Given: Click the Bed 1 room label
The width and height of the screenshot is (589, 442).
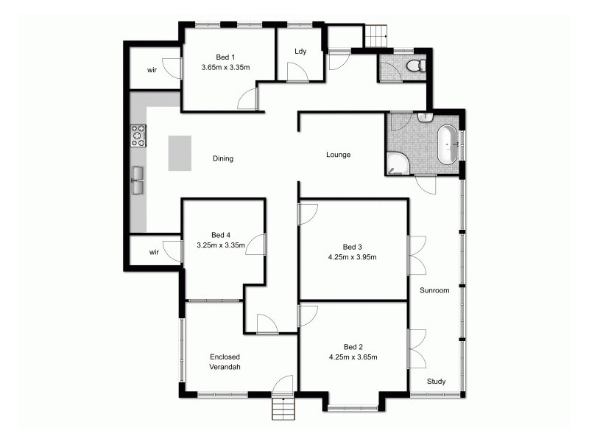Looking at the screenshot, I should [x=225, y=57].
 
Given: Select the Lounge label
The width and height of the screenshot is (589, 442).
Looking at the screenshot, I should [x=339, y=155].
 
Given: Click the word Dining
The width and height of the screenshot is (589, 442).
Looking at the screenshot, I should [x=223, y=158].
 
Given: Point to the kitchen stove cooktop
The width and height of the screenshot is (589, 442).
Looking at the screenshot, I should [x=138, y=136].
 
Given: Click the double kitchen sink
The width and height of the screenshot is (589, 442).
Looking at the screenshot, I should [x=138, y=179].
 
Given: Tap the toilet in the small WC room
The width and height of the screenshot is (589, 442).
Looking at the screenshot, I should [x=415, y=66].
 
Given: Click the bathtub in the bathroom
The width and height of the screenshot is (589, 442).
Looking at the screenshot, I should [x=447, y=143].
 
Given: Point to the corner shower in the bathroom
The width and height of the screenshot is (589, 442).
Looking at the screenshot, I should [x=398, y=164].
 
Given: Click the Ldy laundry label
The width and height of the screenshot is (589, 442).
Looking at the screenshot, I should [x=300, y=52].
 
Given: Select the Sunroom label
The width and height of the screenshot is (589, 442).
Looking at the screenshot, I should [x=434, y=290].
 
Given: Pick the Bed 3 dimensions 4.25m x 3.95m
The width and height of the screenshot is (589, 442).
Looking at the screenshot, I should [x=353, y=257].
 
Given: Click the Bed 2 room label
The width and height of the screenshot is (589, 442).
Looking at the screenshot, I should [x=353, y=347].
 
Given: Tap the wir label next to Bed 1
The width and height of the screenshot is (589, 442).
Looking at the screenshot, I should [x=152, y=70].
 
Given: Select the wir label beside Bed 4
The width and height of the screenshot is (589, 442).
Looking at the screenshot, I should [x=154, y=252].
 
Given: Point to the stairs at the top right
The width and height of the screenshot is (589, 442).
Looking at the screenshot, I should [x=377, y=34].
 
